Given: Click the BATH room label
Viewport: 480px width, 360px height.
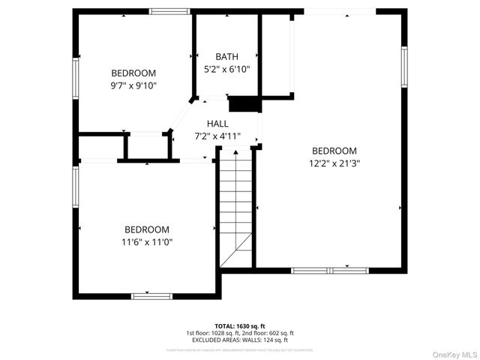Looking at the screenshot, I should tap(226, 57).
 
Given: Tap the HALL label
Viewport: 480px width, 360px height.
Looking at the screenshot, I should tap(217, 124).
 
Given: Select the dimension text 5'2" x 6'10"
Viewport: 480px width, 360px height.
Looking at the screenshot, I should tap(226, 69).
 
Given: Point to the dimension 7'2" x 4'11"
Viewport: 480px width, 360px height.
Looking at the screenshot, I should tap(217, 136).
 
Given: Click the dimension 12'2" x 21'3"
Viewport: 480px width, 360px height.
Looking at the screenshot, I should tap(334, 163).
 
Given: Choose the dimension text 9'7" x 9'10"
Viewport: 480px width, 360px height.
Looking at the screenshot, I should tap(133, 85).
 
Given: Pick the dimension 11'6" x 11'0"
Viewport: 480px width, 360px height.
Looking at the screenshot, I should tap(146, 241).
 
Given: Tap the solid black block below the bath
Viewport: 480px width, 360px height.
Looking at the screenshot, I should tap(244, 104).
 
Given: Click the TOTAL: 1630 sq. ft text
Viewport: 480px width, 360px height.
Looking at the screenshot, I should tap(240, 326).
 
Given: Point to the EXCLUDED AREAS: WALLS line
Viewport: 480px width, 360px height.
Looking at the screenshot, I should tap(240, 340).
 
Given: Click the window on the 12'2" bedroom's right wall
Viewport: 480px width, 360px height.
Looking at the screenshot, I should tap(403, 67).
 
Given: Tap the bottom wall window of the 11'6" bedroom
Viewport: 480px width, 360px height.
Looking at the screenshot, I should tap(152, 296).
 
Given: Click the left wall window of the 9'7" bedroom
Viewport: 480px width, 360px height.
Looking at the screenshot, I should tap(76, 78).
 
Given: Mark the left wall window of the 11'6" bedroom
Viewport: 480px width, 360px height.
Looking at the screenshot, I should tap(76, 187).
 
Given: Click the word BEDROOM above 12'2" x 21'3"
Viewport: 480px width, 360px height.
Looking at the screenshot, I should tap(334, 151).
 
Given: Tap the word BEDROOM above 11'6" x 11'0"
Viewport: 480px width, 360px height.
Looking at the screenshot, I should tap(146, 229).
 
